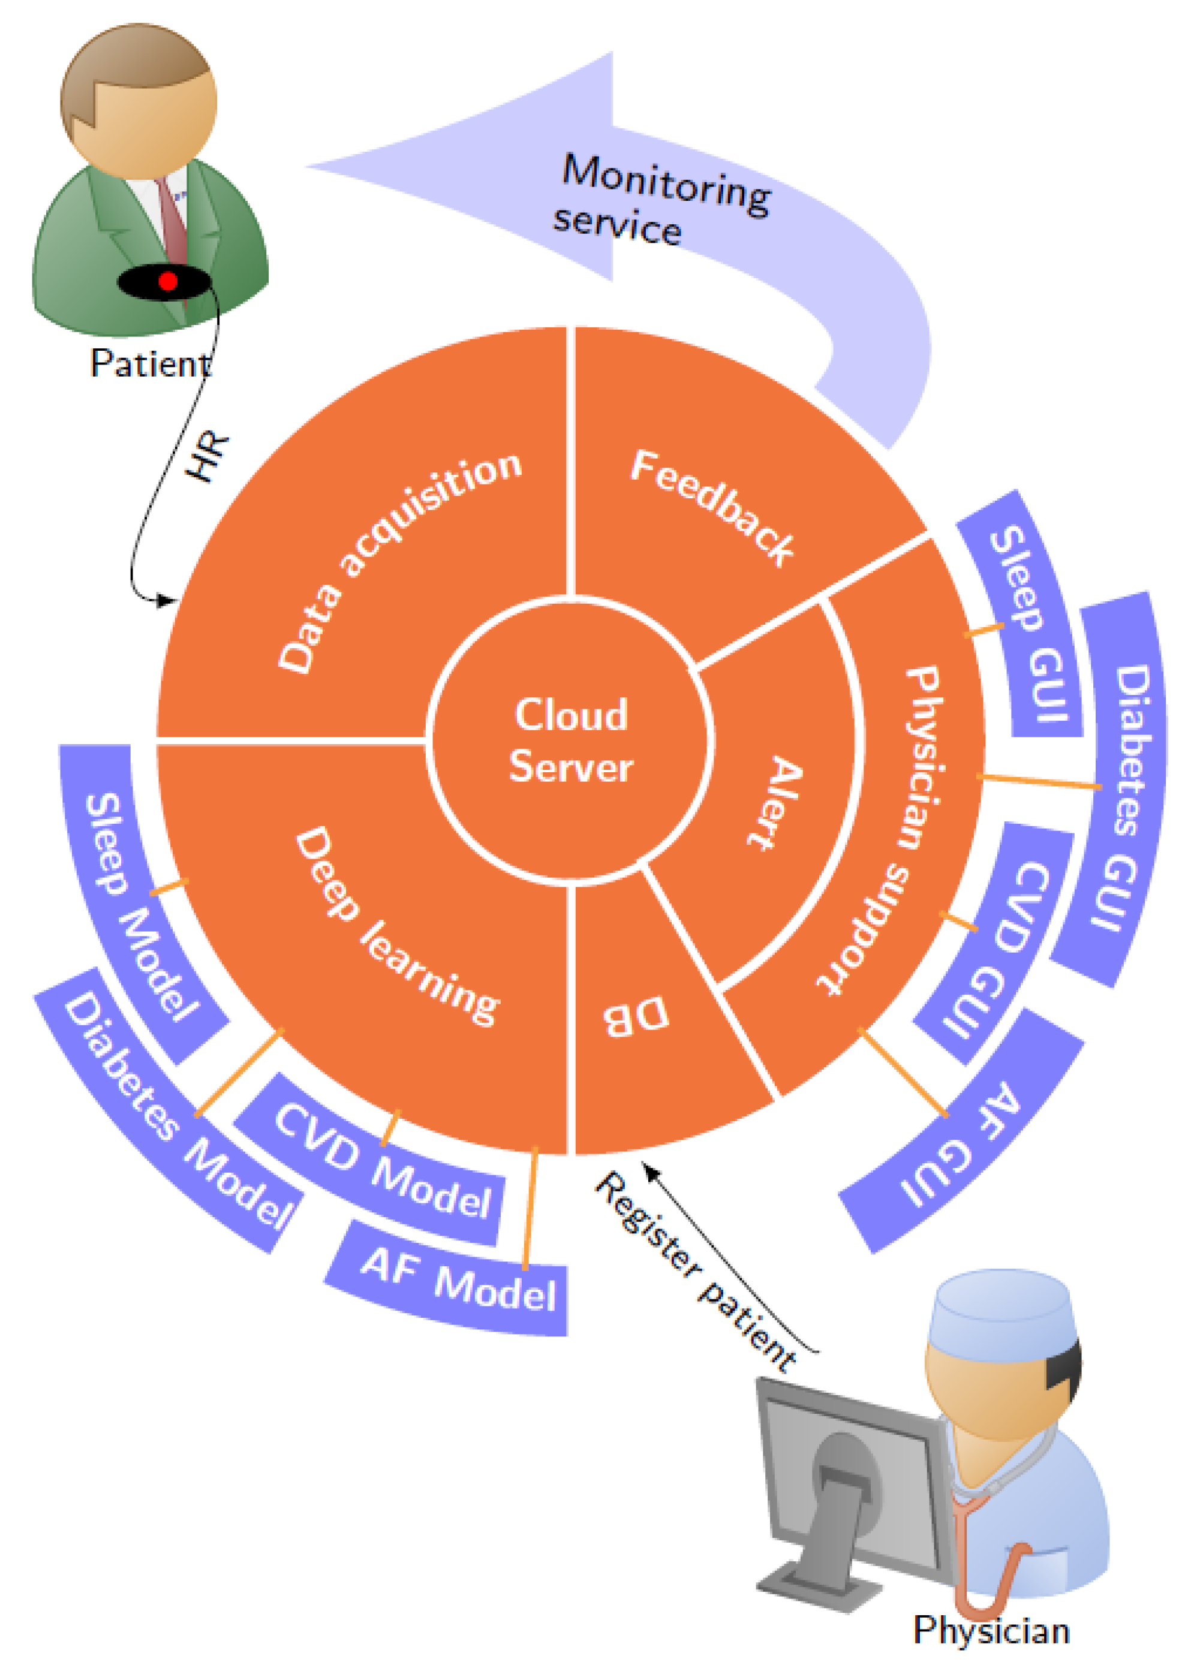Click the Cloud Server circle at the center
click(570, 740)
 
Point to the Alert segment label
click(776, 803)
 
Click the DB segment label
click(636, 1016)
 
